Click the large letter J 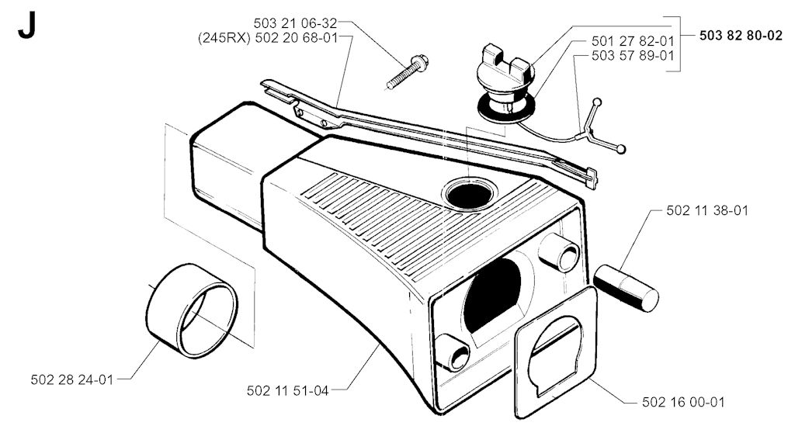coord(26,26)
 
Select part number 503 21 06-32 coord(295,23)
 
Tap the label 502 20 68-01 coord(296,38)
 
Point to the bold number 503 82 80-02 coord(741,36)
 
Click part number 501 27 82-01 coord(633,40)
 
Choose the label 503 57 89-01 coord(633,55)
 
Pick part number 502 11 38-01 coord(707,210)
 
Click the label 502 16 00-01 coord(683,402)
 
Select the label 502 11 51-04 coord(288,390)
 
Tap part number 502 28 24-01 coord(72,379)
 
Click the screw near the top coord(408,72)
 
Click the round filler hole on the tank coord(470,195)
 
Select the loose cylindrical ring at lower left coord(192,311)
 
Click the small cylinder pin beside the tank coord(627,287)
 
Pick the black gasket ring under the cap coord(506,108)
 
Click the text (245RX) coord(224,38)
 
